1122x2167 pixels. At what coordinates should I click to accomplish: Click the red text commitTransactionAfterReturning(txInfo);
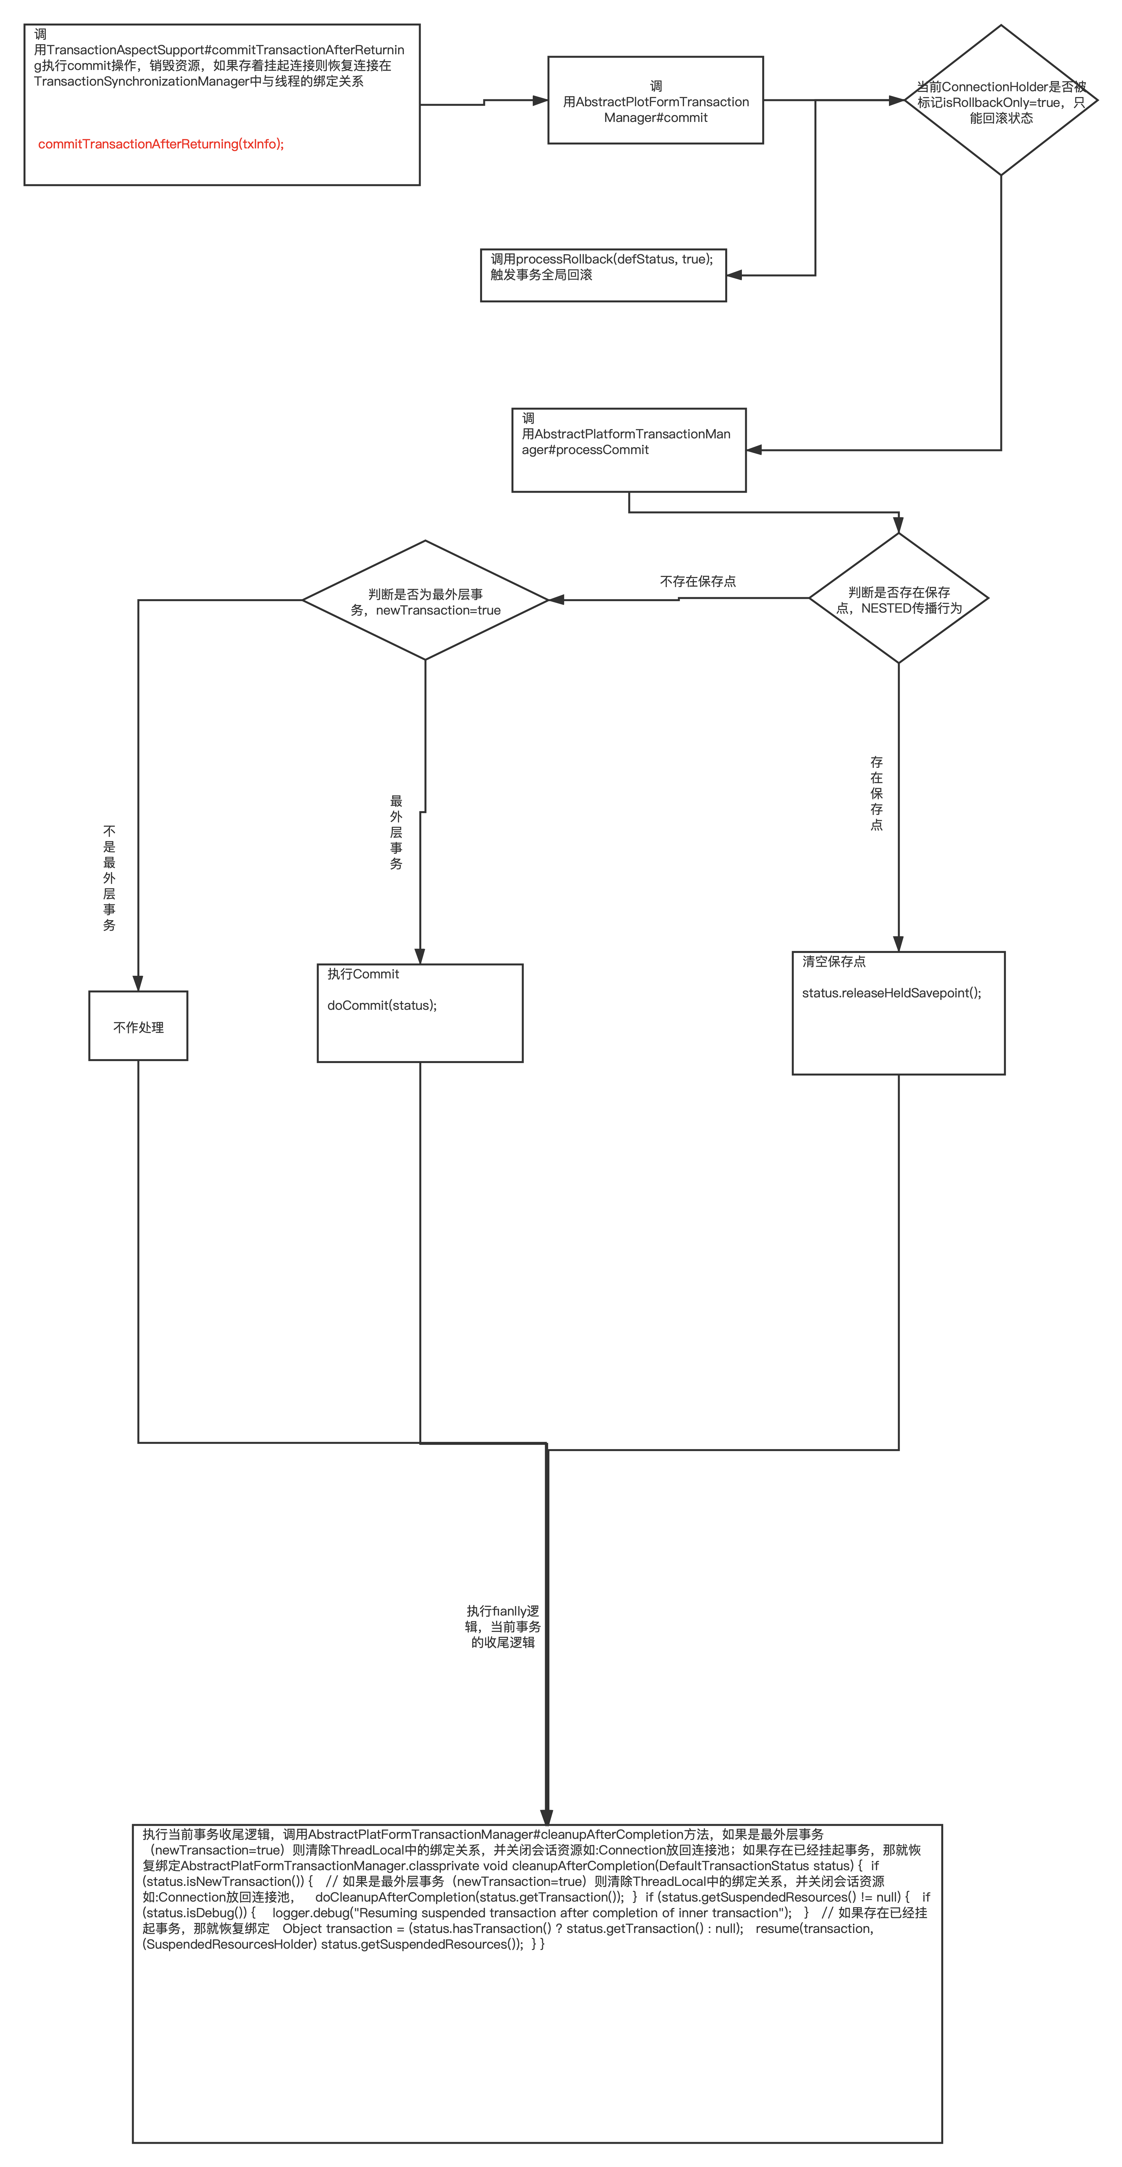pos(161,144)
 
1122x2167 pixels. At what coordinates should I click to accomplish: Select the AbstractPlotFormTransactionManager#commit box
pos(655,101)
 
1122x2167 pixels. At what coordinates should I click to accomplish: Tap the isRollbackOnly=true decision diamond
pos(1001,101)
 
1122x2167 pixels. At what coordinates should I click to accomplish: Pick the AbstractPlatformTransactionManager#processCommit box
pos(628,450)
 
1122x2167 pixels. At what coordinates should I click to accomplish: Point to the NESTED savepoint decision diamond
pos(898,599)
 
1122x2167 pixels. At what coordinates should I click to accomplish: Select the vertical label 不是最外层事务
pos(109,877)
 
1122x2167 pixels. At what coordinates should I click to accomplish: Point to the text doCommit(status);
pos(382,1005)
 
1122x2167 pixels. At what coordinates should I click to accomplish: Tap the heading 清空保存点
pos(833,961)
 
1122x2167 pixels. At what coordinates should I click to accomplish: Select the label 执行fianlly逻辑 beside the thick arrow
pos(503,1626)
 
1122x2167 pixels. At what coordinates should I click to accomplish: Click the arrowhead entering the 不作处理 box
pos(138,983)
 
